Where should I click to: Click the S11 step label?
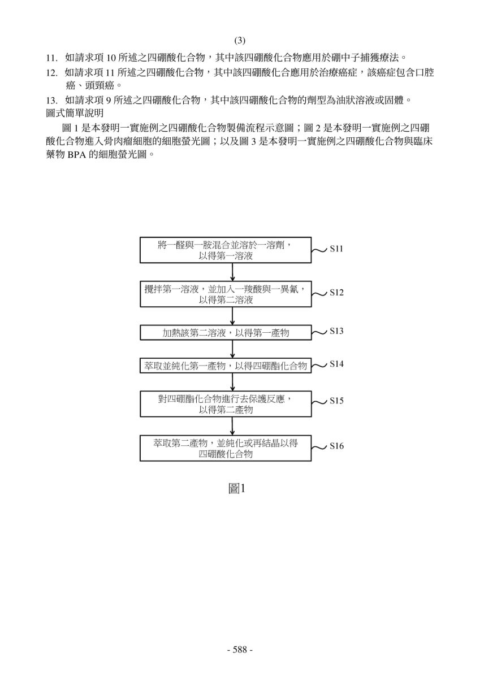coord(336,249)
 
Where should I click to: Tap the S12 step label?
coord(336,293)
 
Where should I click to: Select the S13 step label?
coord(336,331)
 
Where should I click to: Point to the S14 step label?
coord(336,364)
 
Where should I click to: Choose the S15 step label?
coord(336,401)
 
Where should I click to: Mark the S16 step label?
coord(336,446)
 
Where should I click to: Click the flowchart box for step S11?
coord(226,250)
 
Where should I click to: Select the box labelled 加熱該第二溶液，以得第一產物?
coord(226,333)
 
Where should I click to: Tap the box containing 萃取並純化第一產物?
coord(226,366)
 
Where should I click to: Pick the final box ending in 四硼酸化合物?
coord(226,448)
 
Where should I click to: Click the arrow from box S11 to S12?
coord(232,272)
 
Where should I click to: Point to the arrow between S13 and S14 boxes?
coord(232,349)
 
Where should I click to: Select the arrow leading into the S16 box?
coord(232,426)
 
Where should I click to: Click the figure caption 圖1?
coord(236,489)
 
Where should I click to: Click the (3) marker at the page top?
coord(240,40)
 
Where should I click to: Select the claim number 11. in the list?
coord(52,58)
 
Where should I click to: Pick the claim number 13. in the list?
coord(52,100)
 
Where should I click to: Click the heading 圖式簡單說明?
coord(75,113)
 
